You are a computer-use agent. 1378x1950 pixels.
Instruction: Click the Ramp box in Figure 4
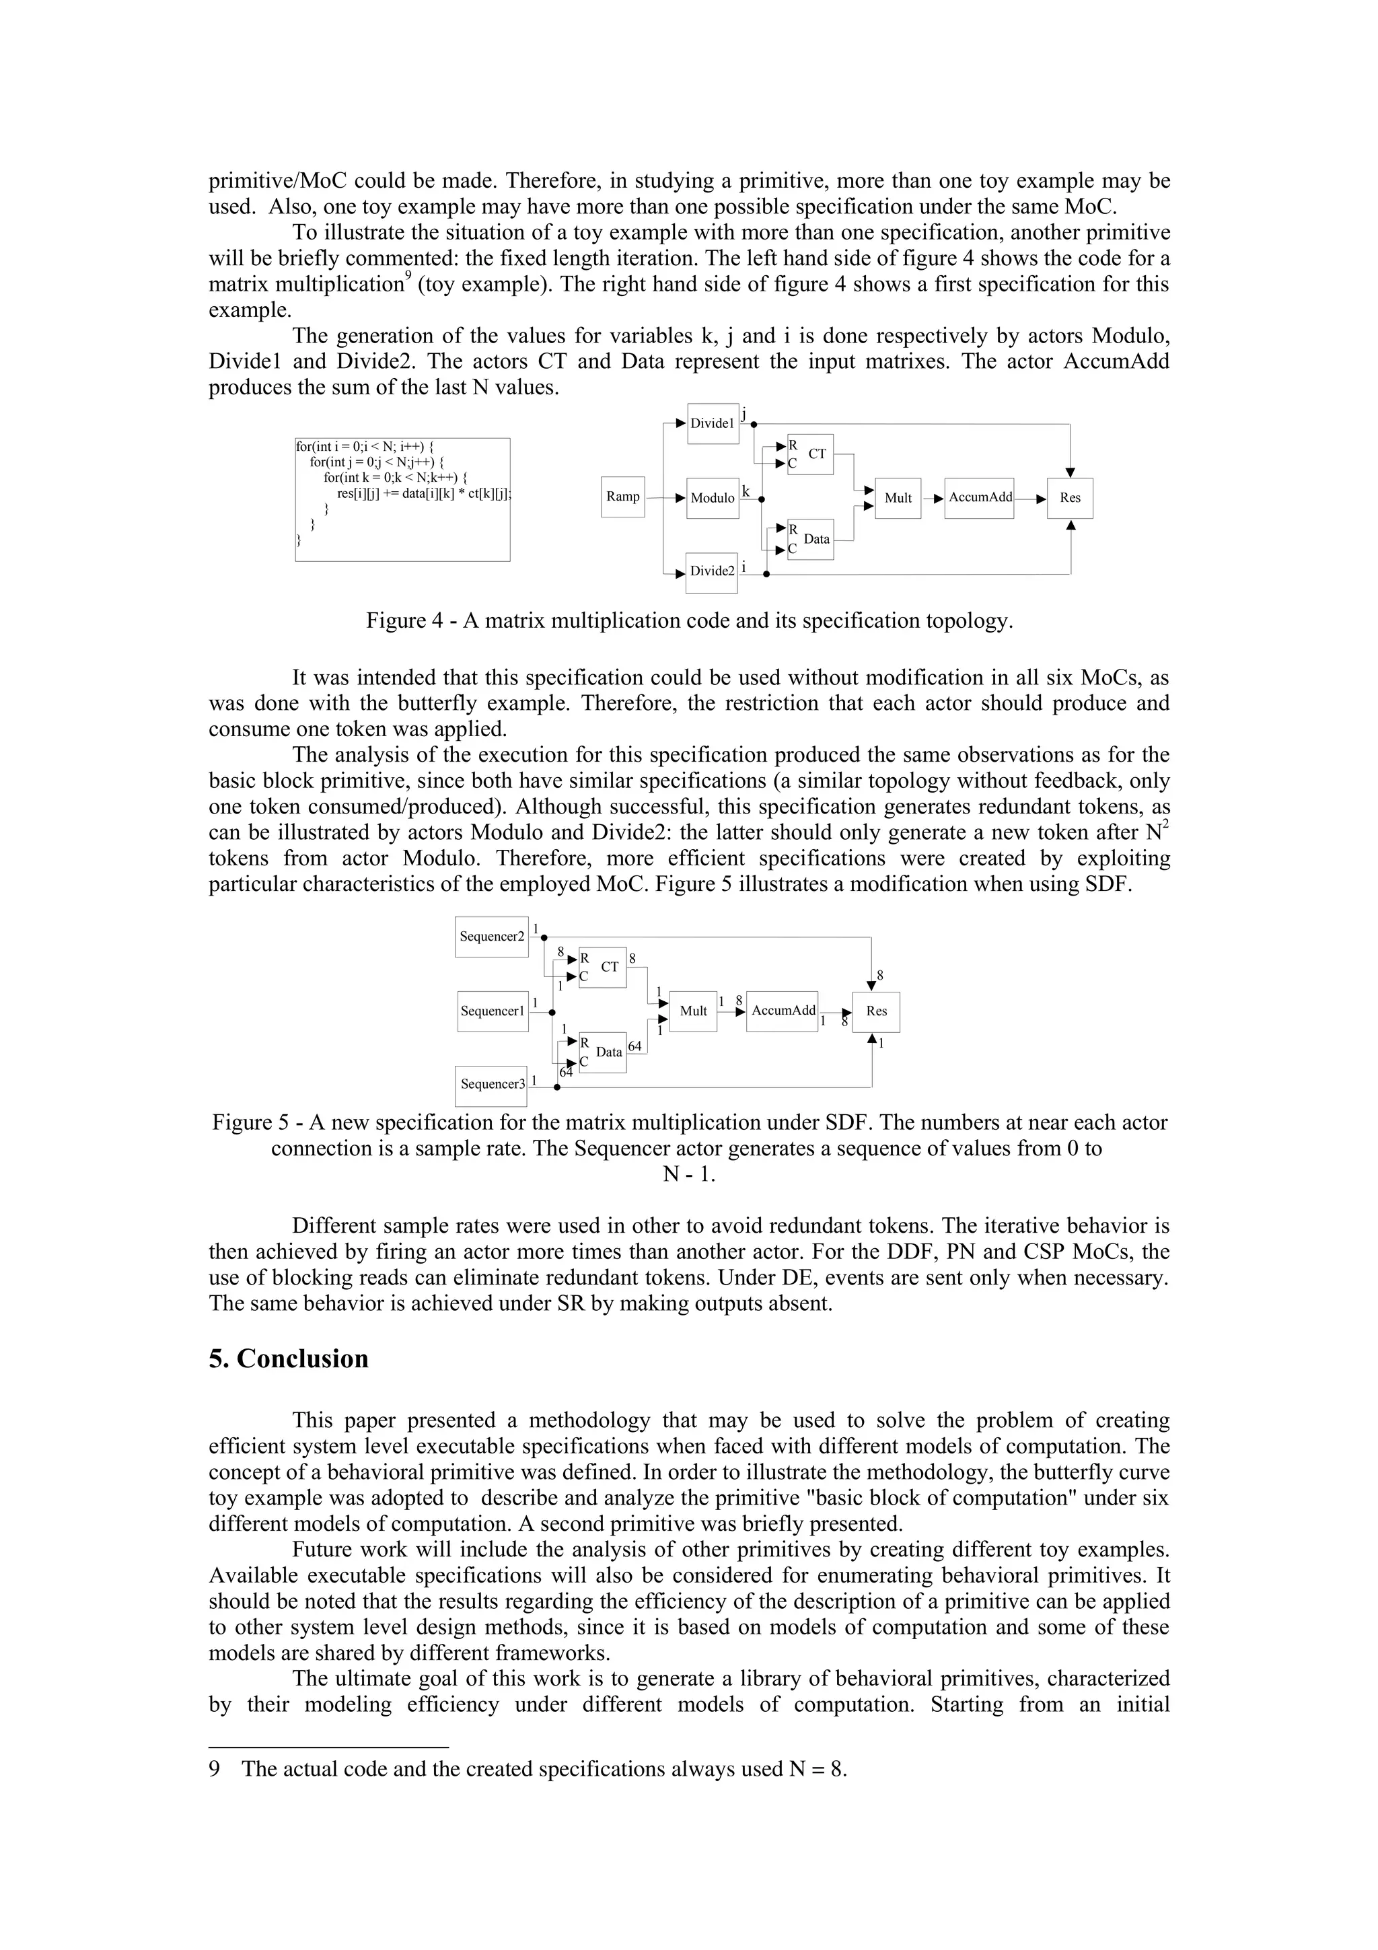622,497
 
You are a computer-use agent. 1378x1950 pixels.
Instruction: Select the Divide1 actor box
713,423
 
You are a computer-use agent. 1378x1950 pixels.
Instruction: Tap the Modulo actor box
713,498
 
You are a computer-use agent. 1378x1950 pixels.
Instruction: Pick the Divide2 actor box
713,571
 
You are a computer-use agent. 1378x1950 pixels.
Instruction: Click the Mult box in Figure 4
898,498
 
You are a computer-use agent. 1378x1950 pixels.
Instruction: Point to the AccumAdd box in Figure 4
979,498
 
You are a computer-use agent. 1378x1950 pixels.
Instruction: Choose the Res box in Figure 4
1070,498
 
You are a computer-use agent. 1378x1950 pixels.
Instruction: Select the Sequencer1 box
493,1011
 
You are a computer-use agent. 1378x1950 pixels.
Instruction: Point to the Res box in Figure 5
876,1011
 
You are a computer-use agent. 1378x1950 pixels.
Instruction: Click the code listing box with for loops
402,499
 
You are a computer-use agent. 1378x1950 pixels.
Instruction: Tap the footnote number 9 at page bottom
214,1769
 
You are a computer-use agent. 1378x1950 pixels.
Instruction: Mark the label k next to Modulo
746,492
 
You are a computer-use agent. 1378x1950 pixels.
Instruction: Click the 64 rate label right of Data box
634,1046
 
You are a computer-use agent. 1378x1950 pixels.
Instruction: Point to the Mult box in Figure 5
693,1011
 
